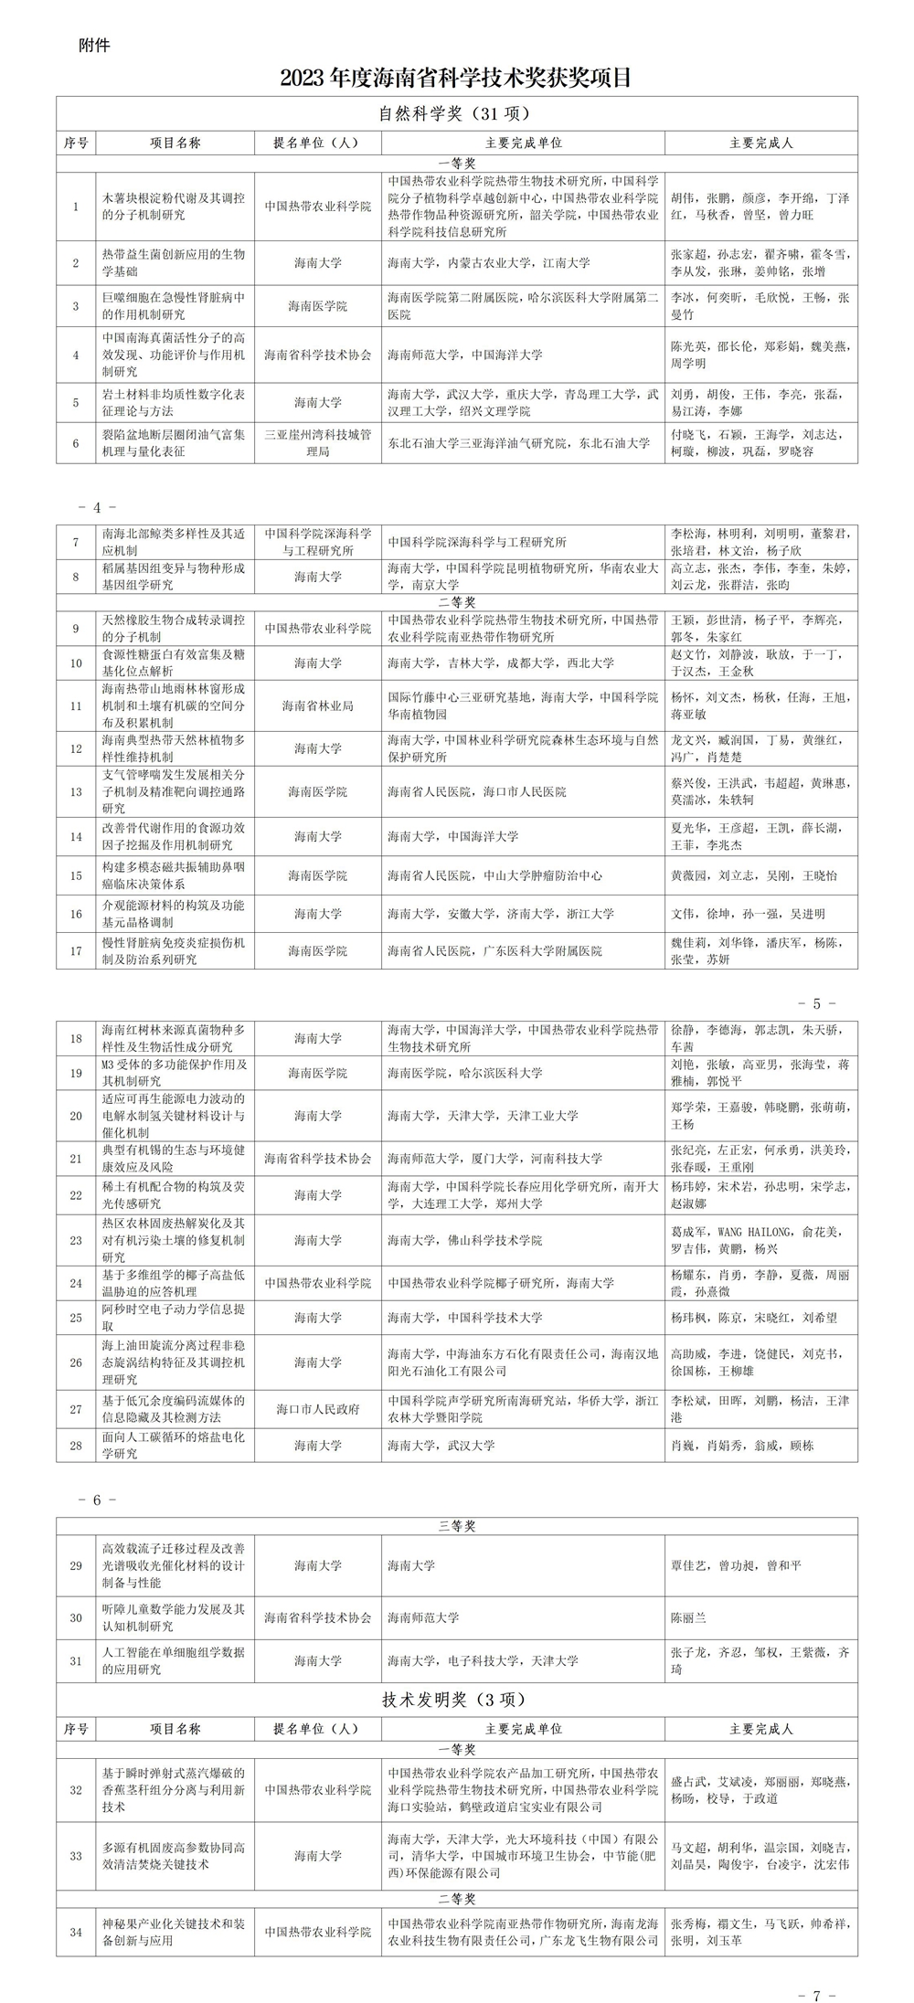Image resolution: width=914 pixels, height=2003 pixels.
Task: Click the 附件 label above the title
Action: [x=95, y=45]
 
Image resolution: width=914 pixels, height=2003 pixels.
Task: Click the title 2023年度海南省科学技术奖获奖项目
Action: [x=456, y=79]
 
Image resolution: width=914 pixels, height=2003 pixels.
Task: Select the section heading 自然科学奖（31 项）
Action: [x=455, y=114]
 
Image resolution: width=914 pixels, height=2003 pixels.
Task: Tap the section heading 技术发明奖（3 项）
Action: [x=455, y=1700]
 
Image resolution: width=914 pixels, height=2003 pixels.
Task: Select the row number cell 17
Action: [x=76, y=951]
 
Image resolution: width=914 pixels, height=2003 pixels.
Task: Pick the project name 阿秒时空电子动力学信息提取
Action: [x=174, y=1318]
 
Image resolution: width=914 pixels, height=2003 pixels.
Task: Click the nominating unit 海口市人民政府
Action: [x=318, y=1409]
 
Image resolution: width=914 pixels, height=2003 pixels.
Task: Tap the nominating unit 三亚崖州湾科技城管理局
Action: [x=318, y=443]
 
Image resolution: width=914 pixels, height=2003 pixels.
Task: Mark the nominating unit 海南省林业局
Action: [x=318, y=705]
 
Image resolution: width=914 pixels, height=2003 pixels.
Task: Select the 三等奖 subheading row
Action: [x=456, y=1526]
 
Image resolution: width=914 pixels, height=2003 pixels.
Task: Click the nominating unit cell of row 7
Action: [x=318, y=542]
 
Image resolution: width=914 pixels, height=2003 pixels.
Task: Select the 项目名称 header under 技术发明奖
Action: [x=175, y=1729]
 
